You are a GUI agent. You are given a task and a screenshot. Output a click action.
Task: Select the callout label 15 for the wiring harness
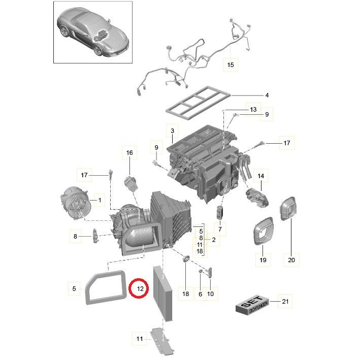[x=231, y=65]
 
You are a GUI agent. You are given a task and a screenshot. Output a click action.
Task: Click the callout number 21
[x=285, y=302]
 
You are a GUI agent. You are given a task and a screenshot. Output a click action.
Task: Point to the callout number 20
[x=291, y=260]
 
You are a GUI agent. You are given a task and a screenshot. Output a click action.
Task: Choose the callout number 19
[x=263, y=260]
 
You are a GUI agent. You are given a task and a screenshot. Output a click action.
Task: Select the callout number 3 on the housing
[x=173, y=131]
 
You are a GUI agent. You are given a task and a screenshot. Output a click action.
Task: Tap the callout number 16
[x=129, y=152]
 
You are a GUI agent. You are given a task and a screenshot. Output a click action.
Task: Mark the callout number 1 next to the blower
[x=100, y=201]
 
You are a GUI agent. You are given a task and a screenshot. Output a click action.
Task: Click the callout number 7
[x=220, y=230]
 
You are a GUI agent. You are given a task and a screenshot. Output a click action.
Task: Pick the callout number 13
[x=253, y=110]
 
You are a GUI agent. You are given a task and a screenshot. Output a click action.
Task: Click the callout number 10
[x=211, y=294]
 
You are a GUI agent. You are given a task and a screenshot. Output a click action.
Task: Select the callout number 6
[x=200, y=294]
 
